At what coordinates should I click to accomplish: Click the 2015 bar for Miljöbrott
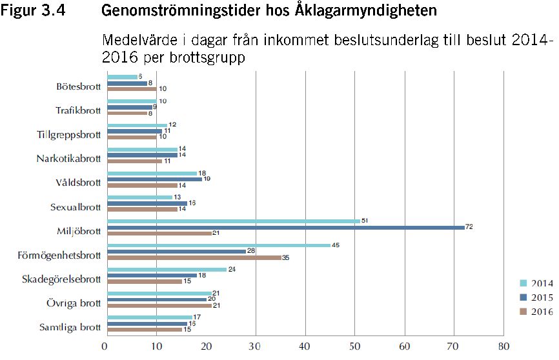point(286,227)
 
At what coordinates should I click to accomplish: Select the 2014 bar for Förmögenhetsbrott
point(219,245)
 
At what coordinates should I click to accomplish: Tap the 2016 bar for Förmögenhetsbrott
point(194,257)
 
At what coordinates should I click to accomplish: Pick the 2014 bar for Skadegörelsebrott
point(167,270)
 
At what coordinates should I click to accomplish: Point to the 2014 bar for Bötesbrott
point(122,77)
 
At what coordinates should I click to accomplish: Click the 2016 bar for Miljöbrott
point(159,234)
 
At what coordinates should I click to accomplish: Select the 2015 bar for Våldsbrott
point(154,179)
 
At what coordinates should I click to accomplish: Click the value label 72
point(469,226)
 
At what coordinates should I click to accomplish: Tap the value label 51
point(364,221)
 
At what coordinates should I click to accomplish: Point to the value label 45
point(336,245)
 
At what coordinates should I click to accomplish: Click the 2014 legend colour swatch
point(523,283)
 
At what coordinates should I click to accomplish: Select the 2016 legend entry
point(536,312)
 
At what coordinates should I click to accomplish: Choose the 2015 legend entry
point(536,297)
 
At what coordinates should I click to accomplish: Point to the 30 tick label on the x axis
point(254,346)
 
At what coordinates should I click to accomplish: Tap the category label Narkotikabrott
point(68,159)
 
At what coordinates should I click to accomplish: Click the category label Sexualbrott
point(76,207)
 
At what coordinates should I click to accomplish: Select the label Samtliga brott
point(70,327)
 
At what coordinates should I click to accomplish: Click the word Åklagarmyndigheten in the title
point(366,10)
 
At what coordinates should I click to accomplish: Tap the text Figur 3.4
point(33,10)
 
